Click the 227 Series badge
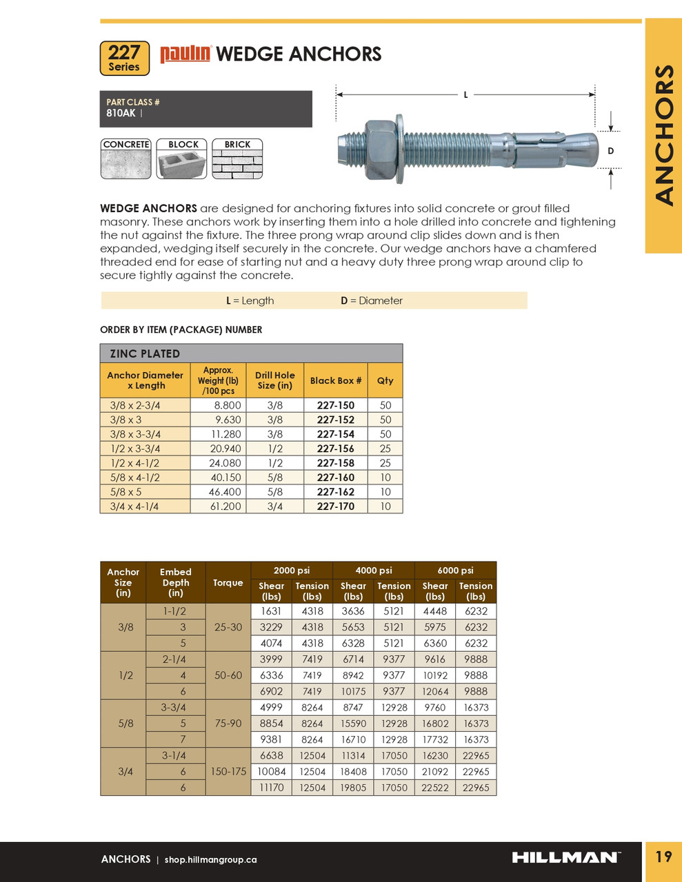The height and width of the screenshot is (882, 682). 124,58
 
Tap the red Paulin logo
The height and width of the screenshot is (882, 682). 185,54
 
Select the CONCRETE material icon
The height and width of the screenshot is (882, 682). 126,159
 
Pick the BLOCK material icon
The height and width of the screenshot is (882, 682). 182,159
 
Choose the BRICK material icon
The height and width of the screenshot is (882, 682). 237,159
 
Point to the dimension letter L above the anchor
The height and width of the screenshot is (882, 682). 465,94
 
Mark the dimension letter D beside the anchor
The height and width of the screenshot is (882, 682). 610,151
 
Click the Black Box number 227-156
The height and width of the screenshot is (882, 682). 336,449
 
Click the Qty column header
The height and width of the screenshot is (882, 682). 385,380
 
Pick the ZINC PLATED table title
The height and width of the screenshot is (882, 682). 145,353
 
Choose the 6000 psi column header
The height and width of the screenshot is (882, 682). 455,571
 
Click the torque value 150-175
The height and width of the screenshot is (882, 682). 228,772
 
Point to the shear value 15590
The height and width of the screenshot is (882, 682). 353,724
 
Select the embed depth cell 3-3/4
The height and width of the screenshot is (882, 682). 174,708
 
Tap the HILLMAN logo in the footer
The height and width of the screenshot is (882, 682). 565,858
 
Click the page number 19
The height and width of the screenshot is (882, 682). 663,857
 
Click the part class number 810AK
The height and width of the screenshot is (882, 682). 121,113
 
